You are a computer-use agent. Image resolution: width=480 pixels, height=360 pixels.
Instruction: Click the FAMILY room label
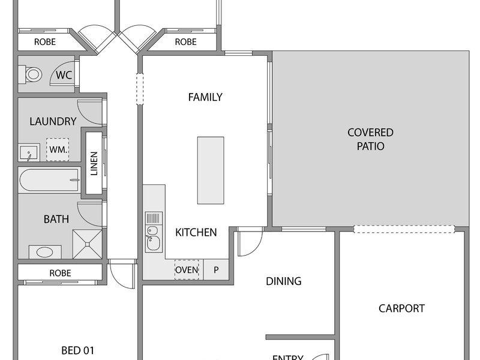[x=205, y=97]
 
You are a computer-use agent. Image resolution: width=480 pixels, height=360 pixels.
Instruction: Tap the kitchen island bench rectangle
[x=211, y=170]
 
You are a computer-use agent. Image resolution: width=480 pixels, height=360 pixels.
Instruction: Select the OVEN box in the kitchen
[x=187, y=269]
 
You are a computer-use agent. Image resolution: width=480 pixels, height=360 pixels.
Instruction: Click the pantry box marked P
[x=216, y=269]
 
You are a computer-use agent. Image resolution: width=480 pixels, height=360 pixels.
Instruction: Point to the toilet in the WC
[x=31, y=74]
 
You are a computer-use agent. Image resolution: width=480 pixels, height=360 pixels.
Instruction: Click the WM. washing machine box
[x=58, y=149]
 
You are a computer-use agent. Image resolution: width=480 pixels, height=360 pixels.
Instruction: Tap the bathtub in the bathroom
[x=50, y=180]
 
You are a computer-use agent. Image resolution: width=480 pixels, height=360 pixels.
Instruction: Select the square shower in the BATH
[x=87, y=244]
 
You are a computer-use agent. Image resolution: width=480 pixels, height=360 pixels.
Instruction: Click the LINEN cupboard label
[x=94, y=163]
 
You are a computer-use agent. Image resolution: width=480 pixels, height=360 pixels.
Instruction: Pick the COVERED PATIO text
[x=370, y=139]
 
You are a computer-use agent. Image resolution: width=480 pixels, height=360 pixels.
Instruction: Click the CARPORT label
[x=401, y=308]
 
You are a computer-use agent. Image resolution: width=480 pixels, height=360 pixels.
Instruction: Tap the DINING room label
[x=283, y=281]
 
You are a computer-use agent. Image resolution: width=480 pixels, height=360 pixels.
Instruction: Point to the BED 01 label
[x=78, y=350]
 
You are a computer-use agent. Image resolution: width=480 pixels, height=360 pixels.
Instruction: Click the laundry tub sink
[x=29, y=152]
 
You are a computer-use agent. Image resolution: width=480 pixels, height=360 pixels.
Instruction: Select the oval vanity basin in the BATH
[x=44, y=252]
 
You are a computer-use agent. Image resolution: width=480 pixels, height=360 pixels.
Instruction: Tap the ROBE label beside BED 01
[x=60, y=273]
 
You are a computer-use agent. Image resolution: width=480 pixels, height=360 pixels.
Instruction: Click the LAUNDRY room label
[x=53, y=122]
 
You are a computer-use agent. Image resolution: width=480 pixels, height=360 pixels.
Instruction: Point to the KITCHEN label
[x=196, y=233]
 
